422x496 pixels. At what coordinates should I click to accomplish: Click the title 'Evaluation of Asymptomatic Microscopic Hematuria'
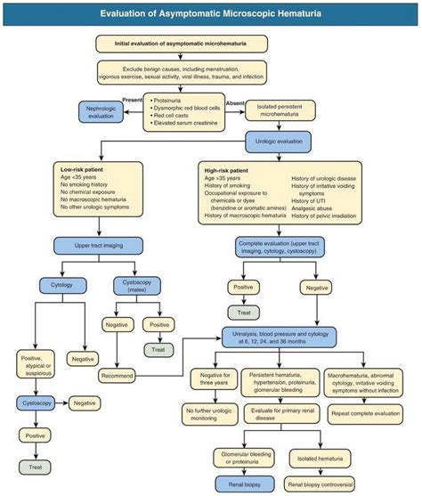coord(211,13)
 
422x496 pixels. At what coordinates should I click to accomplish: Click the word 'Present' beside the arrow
coord(132,99)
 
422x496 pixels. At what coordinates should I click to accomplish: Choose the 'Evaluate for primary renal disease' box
coord(272,415)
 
